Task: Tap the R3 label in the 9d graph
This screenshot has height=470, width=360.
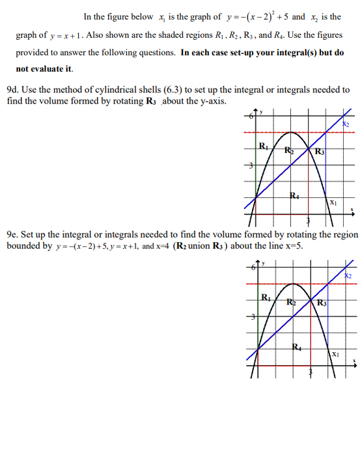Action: coord(319,152)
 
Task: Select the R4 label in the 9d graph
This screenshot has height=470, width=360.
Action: coord(294,195)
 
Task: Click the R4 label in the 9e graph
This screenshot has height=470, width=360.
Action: coord(296,347)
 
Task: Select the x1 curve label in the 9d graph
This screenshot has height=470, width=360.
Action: coord(332,202)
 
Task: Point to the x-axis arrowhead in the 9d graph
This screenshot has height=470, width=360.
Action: coord(353,210)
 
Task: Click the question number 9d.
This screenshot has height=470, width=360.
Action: coord(12,90)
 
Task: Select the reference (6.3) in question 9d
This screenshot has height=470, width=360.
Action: coord(197,90)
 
